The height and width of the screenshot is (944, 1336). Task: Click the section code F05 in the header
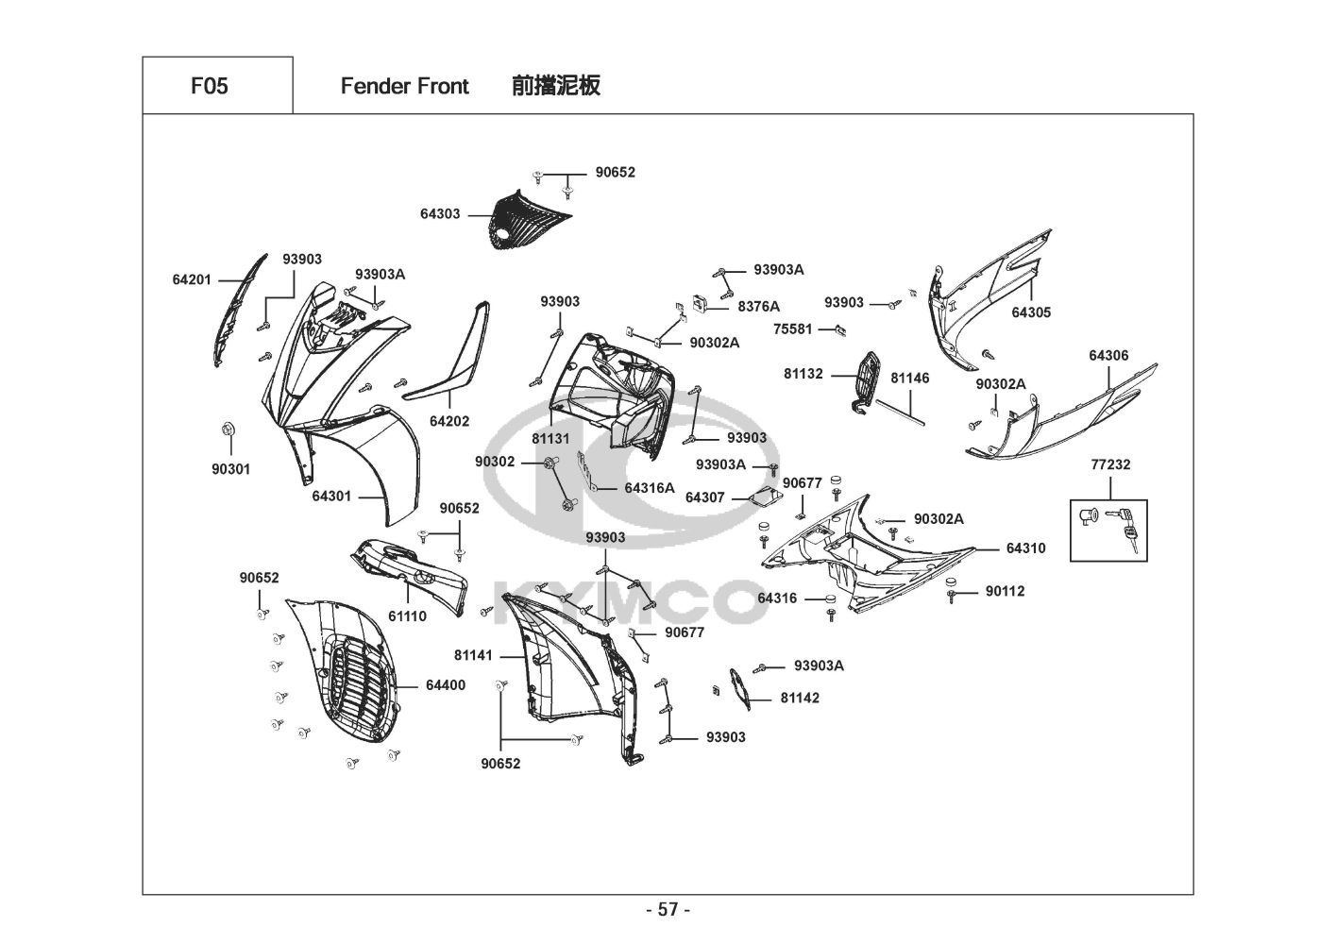tap(209, 86)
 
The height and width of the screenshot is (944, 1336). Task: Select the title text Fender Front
tap(404, 86)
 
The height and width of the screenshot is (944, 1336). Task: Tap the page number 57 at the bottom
tap(668, 910)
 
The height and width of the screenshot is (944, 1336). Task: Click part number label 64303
tap(440, 214)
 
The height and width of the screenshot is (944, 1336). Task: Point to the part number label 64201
tap(192, 280)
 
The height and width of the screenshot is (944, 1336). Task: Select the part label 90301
tap(231, 469)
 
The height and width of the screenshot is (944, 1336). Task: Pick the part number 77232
tap(1110, 464)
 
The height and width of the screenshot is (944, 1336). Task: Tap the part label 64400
tap(445, 685)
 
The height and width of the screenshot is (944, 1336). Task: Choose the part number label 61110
tap(407, 616)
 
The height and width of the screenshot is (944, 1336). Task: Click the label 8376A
tap(759, 306)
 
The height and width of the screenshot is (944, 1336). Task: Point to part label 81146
tap(910, 379)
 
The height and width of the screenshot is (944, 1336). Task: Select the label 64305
tap(1031, 312)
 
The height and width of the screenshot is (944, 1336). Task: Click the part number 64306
tap(1108, 356)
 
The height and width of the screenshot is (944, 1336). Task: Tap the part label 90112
tap(1005, 592)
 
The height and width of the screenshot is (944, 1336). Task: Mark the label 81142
tap(800, 699)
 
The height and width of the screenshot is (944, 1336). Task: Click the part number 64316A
tap(650, 488)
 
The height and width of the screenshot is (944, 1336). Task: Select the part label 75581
tap(792, 329)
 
